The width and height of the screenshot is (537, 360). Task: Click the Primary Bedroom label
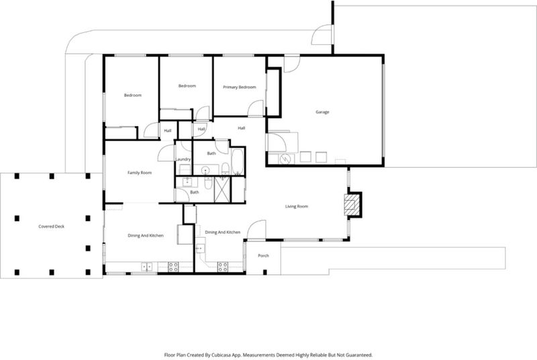240,87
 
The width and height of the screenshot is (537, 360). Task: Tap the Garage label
322,112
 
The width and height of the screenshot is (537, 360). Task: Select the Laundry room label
183,159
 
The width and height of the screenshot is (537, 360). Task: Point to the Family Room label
140,173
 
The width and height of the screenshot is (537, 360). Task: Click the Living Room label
297,206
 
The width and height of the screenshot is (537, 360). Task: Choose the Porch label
263,255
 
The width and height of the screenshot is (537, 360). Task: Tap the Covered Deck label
52,226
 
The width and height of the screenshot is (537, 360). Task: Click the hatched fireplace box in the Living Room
352,205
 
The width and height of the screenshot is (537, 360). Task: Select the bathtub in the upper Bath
238,161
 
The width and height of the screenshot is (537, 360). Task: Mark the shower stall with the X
223,189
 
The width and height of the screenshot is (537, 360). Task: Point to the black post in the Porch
264,272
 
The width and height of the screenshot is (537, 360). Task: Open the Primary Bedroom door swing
256,108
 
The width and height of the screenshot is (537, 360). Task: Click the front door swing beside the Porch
256,230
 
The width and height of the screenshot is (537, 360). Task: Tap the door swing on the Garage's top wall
292,64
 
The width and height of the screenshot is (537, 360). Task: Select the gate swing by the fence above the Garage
322,37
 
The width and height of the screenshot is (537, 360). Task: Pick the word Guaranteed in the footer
359,355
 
